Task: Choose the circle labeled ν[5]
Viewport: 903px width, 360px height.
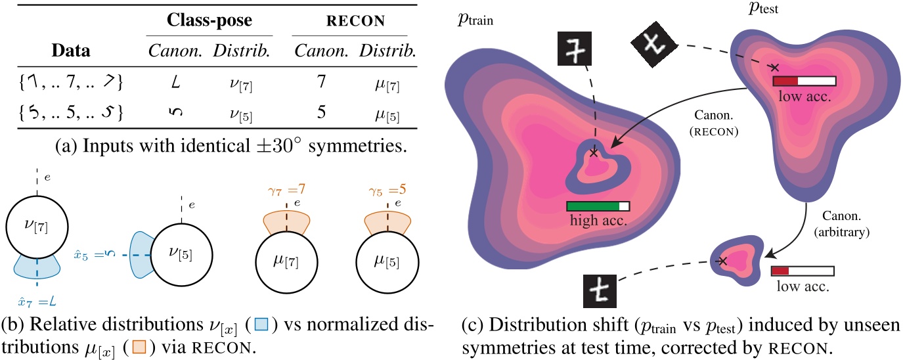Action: click(x=173, y=252)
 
